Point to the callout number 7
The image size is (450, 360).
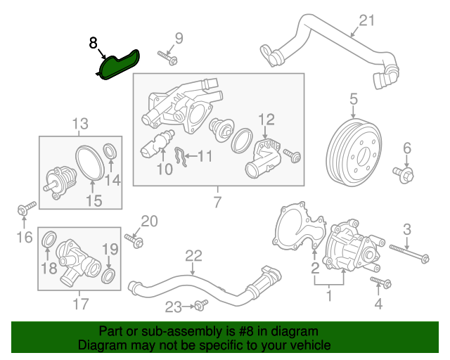tap(217, 203)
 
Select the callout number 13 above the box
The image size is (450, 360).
tap(80, 124)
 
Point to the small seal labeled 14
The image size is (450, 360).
tap(110, 150)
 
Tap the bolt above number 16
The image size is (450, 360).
tap(25, 209)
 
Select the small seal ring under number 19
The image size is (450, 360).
tap(110, 273)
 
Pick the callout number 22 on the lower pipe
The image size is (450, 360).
tap(193, 255)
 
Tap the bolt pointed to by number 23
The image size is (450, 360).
tap(199, 305)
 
